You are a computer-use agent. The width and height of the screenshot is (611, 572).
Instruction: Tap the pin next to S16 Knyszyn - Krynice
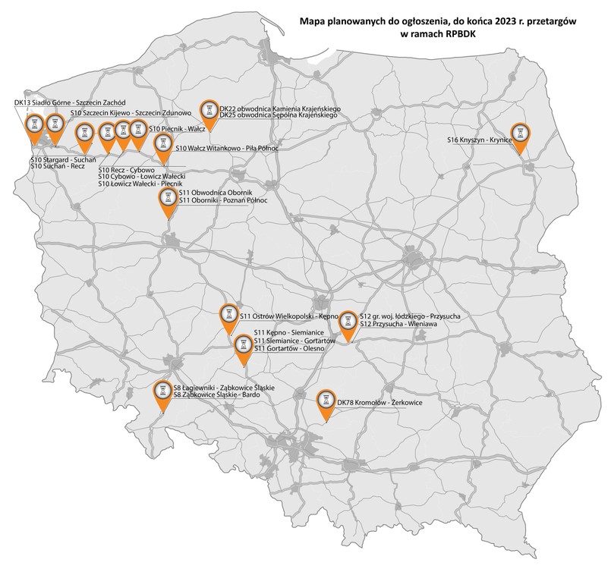[x=520, y=134]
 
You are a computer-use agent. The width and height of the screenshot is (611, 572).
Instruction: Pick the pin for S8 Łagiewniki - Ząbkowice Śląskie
[x=163, y=391]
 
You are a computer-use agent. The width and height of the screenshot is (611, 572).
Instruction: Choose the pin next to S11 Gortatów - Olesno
[x=243, y=345]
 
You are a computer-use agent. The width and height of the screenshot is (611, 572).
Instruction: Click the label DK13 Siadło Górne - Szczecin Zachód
[x=70, y=102]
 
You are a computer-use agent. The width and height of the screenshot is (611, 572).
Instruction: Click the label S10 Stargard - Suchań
[x=57, y=160]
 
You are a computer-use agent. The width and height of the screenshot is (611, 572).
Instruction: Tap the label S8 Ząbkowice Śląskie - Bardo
[x=216, y=395]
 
